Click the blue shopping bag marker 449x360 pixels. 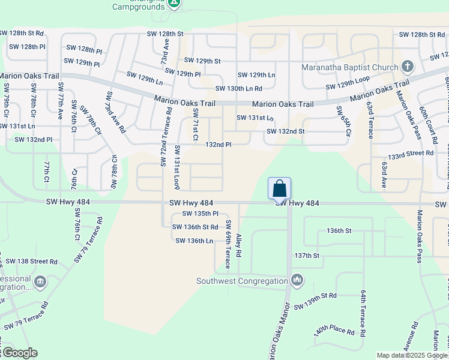coord(280,188)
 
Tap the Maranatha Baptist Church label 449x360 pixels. coord(350,67)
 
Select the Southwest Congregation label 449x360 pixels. coord(242,280)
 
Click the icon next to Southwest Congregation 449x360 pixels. coord(297,280)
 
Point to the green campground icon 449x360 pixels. coord(174,4)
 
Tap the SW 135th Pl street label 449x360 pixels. coord(197,214)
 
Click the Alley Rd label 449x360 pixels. coord(239,246)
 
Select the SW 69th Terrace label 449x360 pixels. coord(228,244)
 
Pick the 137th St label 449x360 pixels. coord(307,256)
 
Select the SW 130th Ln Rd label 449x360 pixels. coord(238,88)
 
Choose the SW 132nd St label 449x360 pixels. coord(286,131)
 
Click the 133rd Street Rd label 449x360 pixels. coord(411,154)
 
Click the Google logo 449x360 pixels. coord(19,353)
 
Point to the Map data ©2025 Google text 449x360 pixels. coord(411,355)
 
